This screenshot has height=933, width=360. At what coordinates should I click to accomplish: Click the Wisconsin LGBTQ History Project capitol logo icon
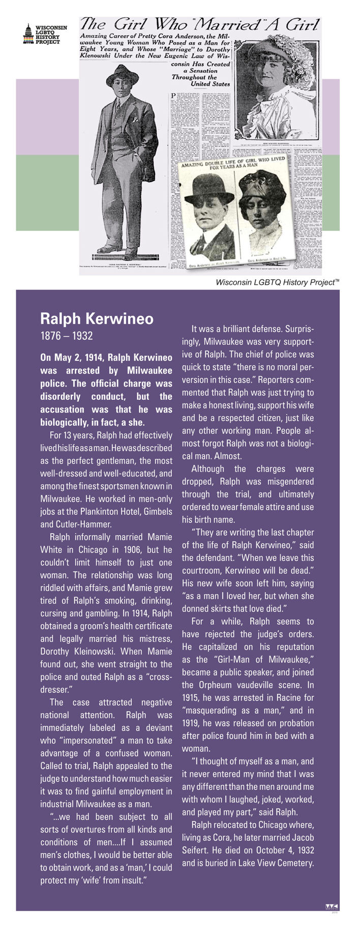[x=28, y=34]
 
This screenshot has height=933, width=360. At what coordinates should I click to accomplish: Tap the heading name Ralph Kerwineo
[x=97, y=319]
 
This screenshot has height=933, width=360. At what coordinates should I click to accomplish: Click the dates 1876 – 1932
[x=66, y=336]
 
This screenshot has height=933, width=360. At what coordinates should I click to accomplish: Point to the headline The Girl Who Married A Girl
[x=200, y=24]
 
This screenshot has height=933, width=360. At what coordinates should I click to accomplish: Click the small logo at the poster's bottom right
[x=332, y=906]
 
